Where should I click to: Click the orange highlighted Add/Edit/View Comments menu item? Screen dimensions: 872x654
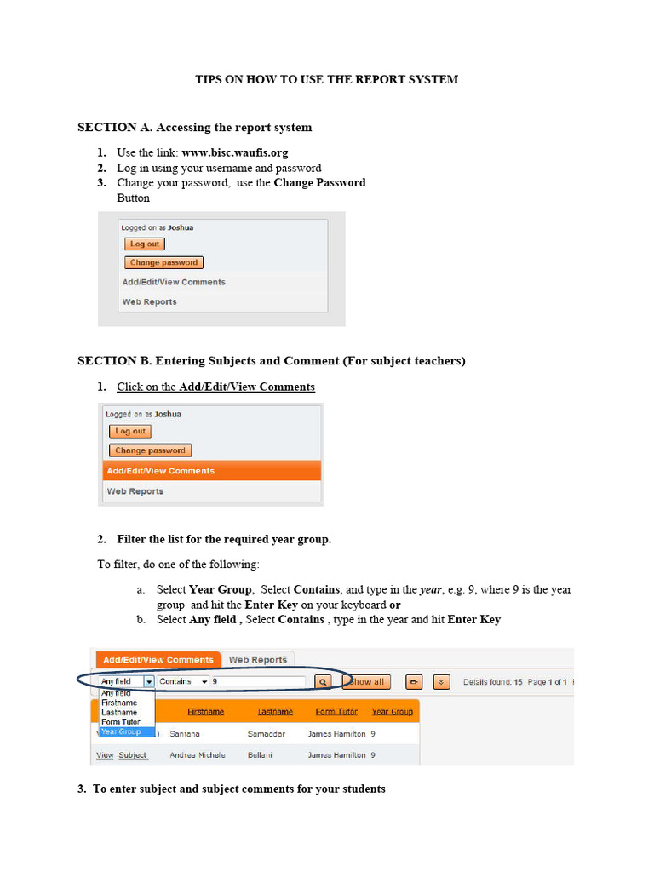pos(160,471)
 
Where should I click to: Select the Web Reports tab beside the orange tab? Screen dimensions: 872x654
pos(258,660)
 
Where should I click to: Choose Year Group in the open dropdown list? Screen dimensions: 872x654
pos(120,731)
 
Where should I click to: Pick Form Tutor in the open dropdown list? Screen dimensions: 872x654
pos(120,722)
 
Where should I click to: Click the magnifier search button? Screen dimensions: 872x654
pos(323,682)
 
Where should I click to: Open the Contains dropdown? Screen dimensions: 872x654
pos(183,682)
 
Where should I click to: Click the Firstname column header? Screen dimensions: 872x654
pos(205,712)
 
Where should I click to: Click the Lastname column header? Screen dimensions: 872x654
pos(275,712)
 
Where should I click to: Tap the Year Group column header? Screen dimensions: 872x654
pos(392,712)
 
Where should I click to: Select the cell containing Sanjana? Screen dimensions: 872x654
pos(186,733)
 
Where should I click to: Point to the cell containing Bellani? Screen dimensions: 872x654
pos(261,755)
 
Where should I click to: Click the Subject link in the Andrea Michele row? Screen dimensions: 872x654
pos(133,755)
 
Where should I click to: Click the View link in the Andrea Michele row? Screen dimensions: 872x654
pos(105,755)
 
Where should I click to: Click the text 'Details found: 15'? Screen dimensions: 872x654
pos(492,682)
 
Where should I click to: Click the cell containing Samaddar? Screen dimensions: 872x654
pos(267,733)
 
